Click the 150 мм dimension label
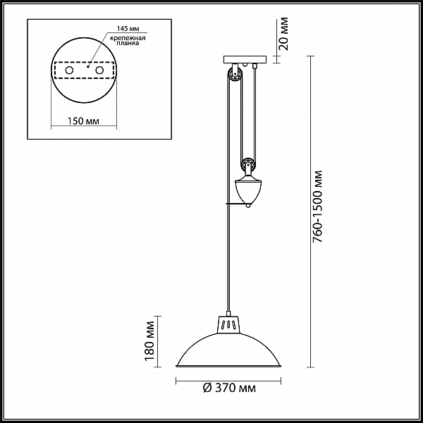coord(82,121)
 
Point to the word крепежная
coord(128,38)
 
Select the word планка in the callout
coord(128,43)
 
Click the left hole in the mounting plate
coord(69,70)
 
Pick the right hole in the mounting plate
coord(99,70)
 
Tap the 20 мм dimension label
coord(283,34)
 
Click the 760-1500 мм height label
coord(317,206)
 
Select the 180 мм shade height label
coord(149,341)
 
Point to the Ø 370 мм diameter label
coord(229,388)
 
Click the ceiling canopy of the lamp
coord(245,59)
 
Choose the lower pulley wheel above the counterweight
coord(248,164)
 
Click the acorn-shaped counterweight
coord(248,190)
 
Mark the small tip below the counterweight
coord(248,206)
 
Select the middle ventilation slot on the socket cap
coord(228,324)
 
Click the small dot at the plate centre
coord(88,66)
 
